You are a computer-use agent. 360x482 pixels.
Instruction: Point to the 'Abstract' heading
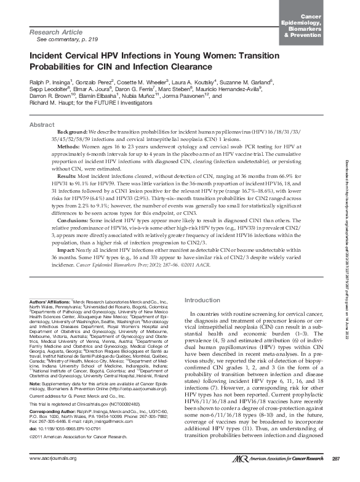pyautogui.click(x=42, y=124)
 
